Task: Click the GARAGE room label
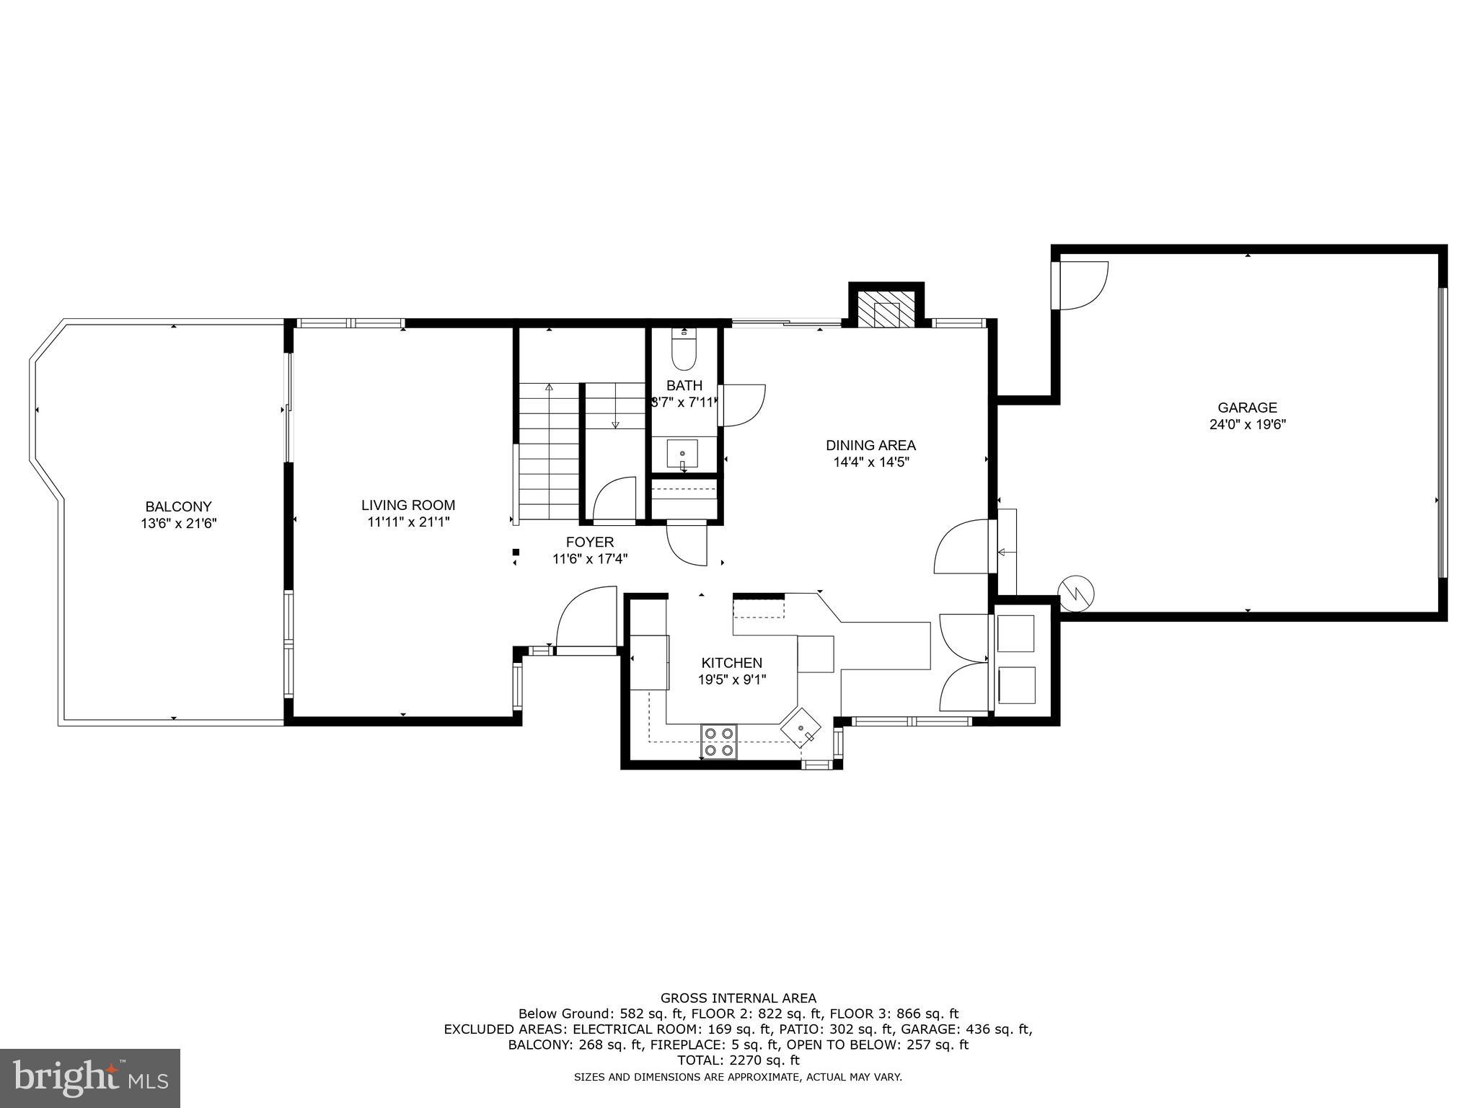[x=1247, y=408]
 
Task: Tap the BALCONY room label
[x=178, y=506]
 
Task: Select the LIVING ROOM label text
[x=408, y=505]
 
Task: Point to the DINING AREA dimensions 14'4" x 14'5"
[x=870, y=462]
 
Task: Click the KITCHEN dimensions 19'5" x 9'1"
[x=731, y=679]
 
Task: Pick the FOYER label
[x=589, y=542]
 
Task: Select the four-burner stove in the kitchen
[x=719, y=741]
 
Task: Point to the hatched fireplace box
[x=886, y=309]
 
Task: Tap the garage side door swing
[x=1082, y=286]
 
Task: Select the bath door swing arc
[x=743, y=405]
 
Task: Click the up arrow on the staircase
[x=549, y=390]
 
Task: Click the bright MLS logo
[x=90, y=1078]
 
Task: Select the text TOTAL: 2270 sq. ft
[x=738, y=1060]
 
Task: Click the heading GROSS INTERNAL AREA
[x=738, y=998]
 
